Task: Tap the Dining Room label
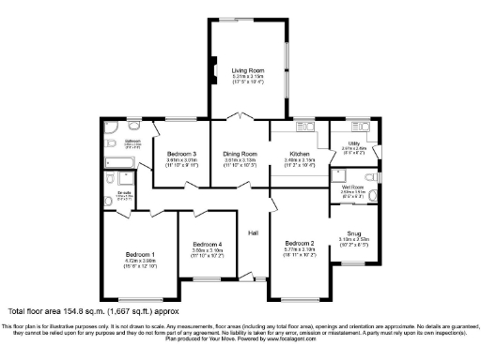[x=240, y=153]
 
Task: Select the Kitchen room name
[x=299, y=153]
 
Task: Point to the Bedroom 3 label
[x=182, y=153]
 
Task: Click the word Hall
[x=253, y=232]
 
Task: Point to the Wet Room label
[x=353, y=188]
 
